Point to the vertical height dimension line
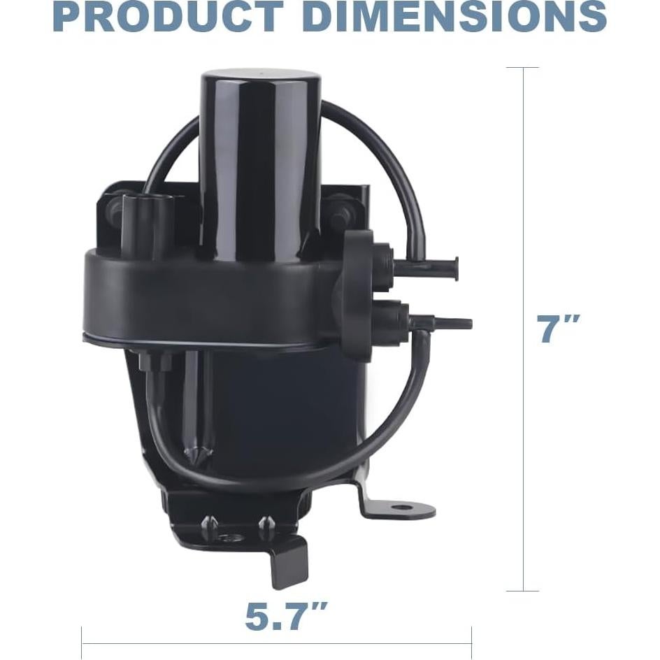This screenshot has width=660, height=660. point(523,329)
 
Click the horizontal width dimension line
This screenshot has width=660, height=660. point(277,644)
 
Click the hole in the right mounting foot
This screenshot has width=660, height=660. point(403,507)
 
